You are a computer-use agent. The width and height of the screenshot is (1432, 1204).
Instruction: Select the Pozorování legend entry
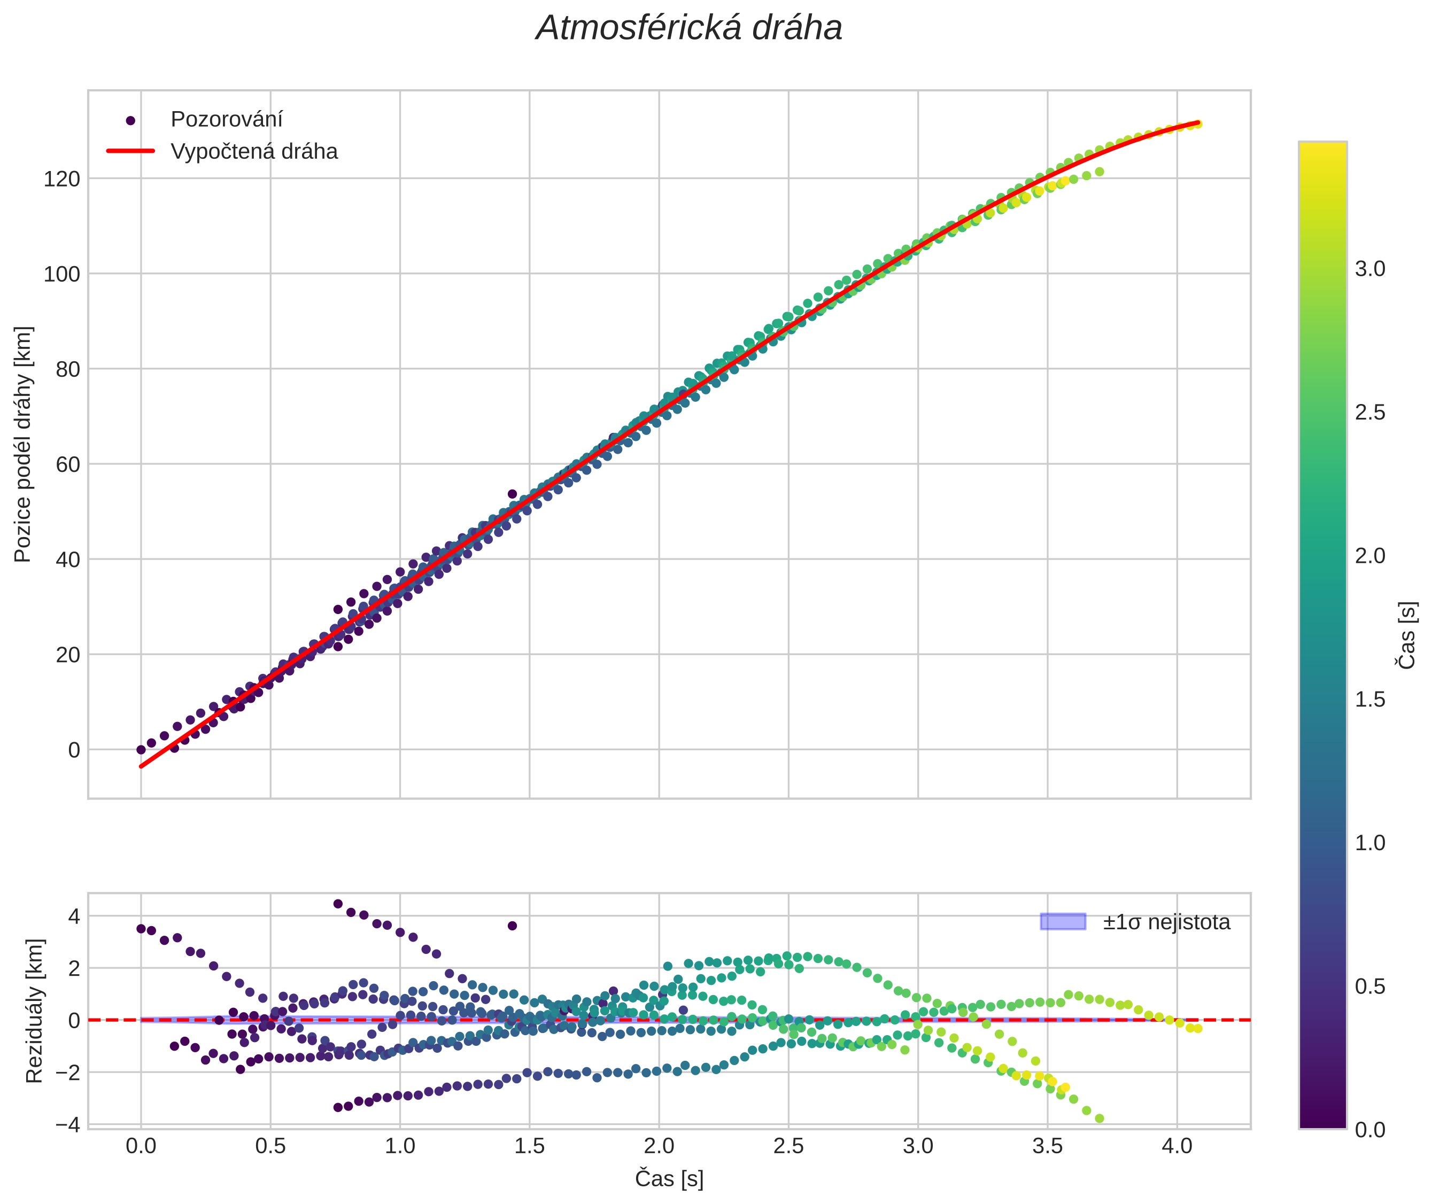226,120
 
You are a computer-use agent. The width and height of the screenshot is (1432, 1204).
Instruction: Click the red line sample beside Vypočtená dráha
131,151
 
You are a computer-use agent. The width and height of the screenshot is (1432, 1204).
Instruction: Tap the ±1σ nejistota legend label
1166,922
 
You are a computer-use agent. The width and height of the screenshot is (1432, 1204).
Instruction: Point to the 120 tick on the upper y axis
61,180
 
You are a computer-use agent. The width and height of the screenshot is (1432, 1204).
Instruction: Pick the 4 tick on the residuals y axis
74,916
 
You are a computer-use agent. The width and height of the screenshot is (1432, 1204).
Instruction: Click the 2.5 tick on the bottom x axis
788,1146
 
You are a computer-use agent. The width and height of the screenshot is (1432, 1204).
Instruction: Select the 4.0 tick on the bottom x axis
1176,1146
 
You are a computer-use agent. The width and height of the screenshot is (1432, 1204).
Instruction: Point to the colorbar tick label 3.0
1370,269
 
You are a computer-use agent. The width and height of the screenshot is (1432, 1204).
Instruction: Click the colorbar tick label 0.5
1370,986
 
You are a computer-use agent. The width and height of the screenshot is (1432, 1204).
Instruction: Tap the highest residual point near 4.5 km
338,904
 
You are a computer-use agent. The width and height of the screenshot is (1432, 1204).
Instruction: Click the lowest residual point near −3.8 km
1099,1118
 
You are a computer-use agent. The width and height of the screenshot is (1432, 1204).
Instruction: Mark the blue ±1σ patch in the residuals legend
1063,921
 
